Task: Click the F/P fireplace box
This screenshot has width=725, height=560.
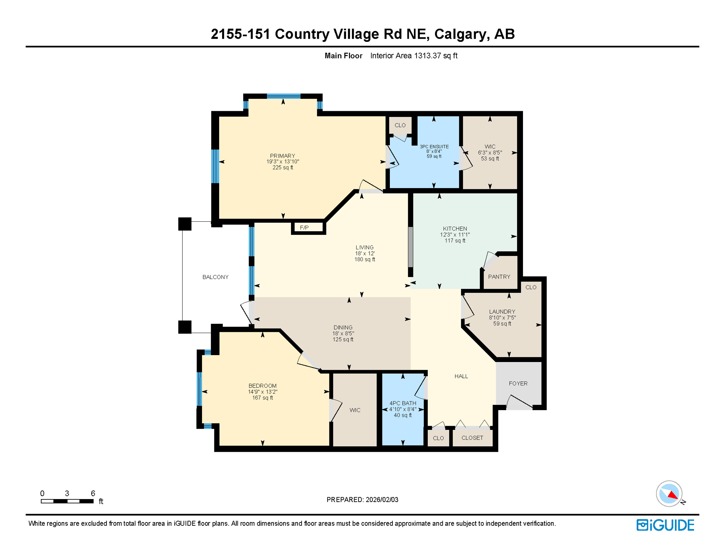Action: [308, 228]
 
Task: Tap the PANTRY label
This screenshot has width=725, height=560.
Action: [499, 277]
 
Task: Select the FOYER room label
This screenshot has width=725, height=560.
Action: [518, 384]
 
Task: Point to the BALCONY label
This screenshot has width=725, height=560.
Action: [215, 277]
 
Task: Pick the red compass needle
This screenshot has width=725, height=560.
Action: [672, 495]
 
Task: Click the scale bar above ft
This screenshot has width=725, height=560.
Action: [67, 501]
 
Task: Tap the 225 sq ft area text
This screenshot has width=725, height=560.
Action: [283, 168]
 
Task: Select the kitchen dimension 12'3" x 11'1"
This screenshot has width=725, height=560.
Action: [455, 235]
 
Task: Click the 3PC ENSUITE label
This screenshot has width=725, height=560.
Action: [434, 147]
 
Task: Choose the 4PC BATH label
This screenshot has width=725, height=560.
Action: [403, 403]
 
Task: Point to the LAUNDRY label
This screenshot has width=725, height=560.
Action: [502, 312]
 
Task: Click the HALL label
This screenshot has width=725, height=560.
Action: [461, 376]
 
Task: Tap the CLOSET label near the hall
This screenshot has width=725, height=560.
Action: [472, 438]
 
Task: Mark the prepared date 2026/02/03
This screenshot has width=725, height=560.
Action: [382, 500]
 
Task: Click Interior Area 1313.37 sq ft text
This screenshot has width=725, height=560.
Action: [414, 56]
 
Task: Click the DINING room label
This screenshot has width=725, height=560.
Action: [343, 327]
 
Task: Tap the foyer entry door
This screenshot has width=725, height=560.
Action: [519, 402]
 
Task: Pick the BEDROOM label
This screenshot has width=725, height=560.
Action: [263, 386]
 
